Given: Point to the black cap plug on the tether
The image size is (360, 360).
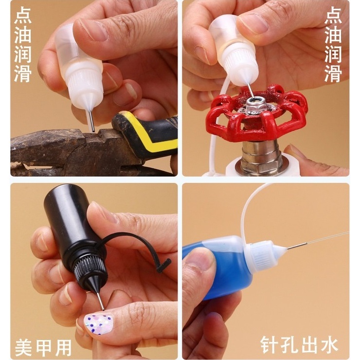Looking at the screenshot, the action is pyautogui.click(x=164, y=266).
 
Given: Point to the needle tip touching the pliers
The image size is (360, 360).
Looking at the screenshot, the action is pyautogui.click(x=93, y=131).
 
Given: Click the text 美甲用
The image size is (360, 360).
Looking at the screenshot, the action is pyautogui.click(x=43, y=347).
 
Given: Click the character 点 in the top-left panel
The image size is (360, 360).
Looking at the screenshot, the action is pyautogui.click(x=23, y=15).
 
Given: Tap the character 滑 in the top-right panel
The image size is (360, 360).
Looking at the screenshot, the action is pyautogui.click(x=333, y=73).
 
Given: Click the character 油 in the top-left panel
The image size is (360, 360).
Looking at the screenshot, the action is pyautogui.click(x=23, y=35).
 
